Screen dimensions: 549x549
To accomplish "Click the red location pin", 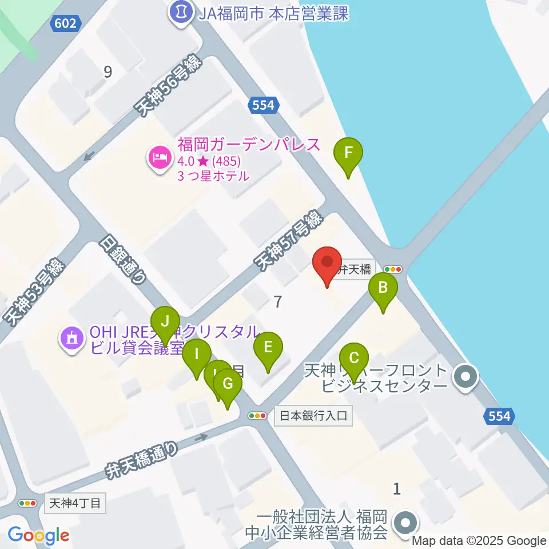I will click(327, 264).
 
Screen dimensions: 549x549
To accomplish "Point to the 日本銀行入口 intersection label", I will click(313, 416).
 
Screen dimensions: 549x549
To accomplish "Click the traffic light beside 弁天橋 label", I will click(393, 269).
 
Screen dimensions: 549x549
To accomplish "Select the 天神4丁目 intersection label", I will click(75, 503).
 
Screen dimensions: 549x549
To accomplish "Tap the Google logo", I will click(39, 536).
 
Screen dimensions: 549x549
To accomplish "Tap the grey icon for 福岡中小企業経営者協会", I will click(406, 522).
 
